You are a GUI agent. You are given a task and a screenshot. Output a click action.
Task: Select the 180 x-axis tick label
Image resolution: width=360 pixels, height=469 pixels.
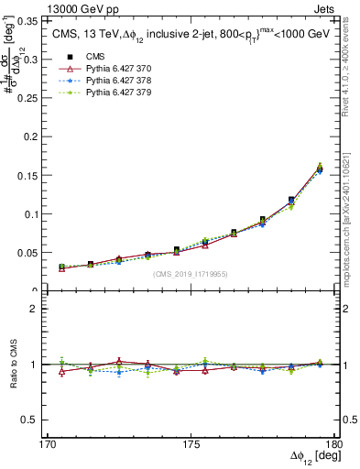pos(333,444)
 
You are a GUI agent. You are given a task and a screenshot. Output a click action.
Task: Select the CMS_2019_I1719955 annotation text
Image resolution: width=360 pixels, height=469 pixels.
pos(191,273)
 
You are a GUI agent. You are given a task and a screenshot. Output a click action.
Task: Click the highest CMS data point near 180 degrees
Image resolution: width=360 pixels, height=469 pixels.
pos(320,169)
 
